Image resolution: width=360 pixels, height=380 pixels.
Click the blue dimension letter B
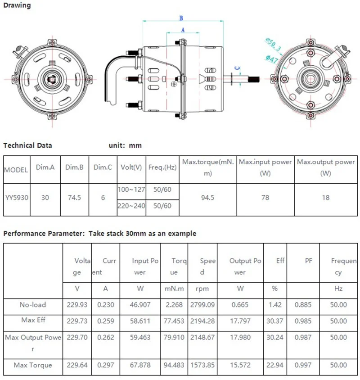click(181, 18)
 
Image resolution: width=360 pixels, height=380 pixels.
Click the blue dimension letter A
click(183, 30)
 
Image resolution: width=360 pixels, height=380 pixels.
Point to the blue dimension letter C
click(238, 68)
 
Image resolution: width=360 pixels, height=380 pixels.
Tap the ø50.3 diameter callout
click(273, 44)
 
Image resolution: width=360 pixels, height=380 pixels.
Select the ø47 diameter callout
click(271, 59)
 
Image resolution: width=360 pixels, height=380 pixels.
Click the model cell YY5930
click(17, 198)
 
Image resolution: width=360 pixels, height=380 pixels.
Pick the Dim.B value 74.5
click(74, 198)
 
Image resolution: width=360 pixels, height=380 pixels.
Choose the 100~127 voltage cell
click(131, 190)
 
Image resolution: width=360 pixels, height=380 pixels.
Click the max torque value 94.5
click(207, 198)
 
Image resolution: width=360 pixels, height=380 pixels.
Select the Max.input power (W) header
click(265, 167)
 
